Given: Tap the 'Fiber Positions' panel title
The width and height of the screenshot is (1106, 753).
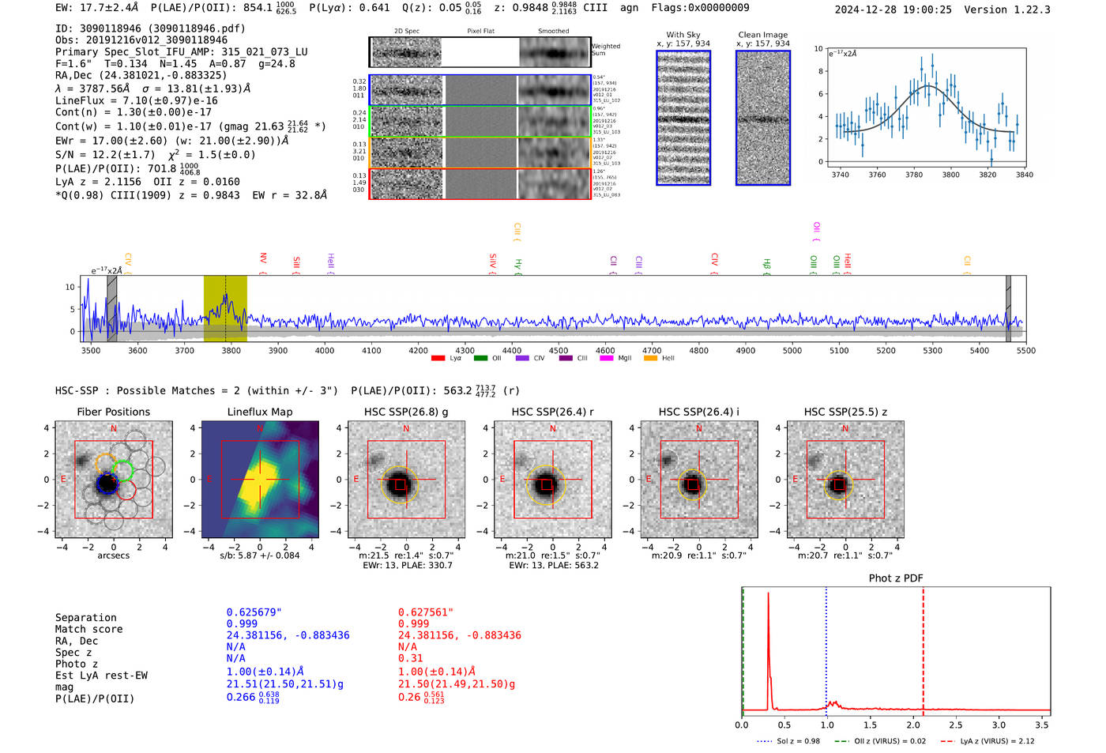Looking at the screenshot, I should pos(113,412).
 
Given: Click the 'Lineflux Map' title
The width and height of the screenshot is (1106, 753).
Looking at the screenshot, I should pos(259,412).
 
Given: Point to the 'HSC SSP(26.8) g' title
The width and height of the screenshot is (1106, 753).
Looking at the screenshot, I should pos(405,412).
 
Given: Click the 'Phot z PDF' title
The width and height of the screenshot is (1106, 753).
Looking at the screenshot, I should pos(896,578).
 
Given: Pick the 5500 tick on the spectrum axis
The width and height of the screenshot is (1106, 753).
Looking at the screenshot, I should pos(1025,351).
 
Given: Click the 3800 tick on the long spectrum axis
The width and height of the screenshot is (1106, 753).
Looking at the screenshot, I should pos(231,351).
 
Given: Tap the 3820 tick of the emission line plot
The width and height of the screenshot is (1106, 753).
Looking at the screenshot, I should pos(987,175).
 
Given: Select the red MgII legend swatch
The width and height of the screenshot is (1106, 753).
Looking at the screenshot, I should pos(606,359).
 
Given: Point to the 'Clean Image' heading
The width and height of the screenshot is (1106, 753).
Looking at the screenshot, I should pos(762,35).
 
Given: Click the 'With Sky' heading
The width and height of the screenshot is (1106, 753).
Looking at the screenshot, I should pos(683,35).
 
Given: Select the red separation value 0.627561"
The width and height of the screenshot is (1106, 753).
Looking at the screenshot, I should pos(426,612).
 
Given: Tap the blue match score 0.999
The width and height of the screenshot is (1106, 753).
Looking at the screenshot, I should pos(242,624).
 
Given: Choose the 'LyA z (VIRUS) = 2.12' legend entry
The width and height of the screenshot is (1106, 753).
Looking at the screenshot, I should pos(990,741).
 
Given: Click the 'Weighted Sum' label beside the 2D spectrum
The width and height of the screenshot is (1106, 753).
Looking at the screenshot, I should pos(606,50).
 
